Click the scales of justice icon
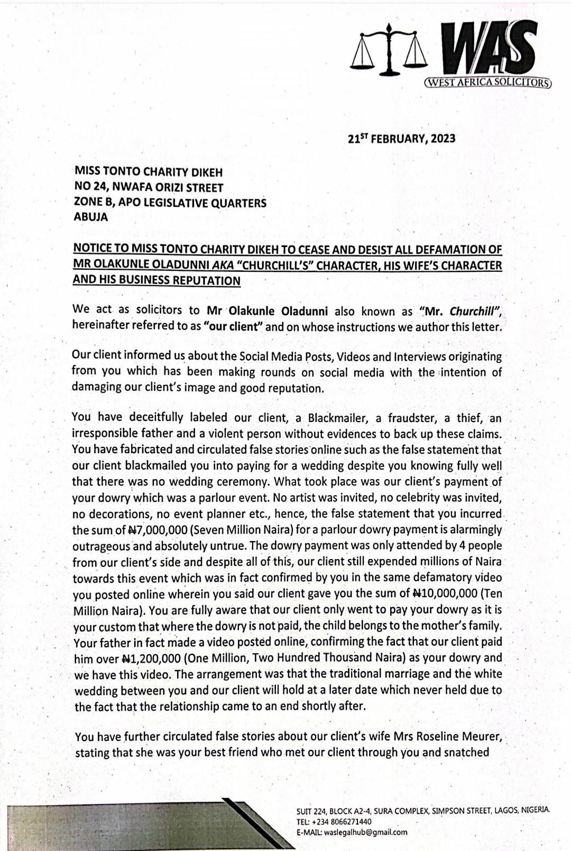(x=390, y=49)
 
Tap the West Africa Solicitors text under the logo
(x=487, y=83)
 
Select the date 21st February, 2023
(x=402, y=139)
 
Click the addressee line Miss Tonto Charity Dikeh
(x=149, y=172)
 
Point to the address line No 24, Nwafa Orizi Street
(x=149, y=188)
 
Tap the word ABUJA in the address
(x=90, y=217)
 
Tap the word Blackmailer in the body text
(x=337, y=418)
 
